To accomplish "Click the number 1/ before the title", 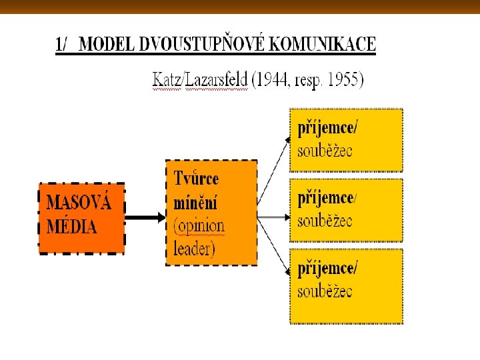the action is (x=63, y=45).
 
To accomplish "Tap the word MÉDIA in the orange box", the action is (x=71, y=227).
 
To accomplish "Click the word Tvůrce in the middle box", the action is (x=196, y=179).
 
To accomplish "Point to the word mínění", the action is (x=195, y=202).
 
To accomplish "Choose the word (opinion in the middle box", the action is (x=199, y=225).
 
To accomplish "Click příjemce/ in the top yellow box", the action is (x=327, y=129).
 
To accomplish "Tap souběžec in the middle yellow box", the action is (x=325, y=221).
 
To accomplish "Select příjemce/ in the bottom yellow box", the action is (x=327, y=269).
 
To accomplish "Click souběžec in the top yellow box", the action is (x=325, y=150).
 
